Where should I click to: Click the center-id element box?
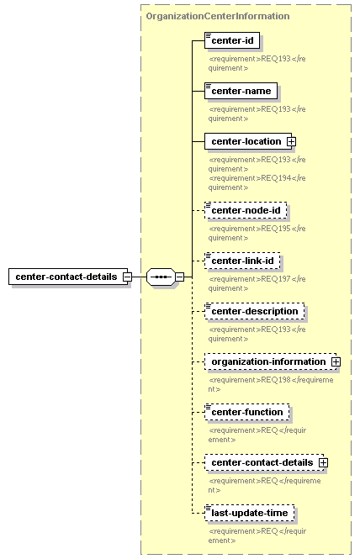(232, 40)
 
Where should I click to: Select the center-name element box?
(241, 91)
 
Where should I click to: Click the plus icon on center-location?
(292, 141)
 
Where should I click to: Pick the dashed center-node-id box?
(246, 210)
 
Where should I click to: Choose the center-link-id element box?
(242, 261)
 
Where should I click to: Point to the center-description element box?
(255, 311)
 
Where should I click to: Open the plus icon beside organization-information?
(336, 361)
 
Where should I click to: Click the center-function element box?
(247, 412)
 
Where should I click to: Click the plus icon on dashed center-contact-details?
(323, 462)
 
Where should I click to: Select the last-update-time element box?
(250, 513)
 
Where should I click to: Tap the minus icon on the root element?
(127, 277)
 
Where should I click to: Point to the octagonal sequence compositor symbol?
(161, 277)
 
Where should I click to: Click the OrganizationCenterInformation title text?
(218, 16)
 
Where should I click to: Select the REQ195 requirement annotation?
(257, 233)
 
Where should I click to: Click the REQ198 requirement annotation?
(271, 384)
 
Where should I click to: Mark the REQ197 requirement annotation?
(257, 283)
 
